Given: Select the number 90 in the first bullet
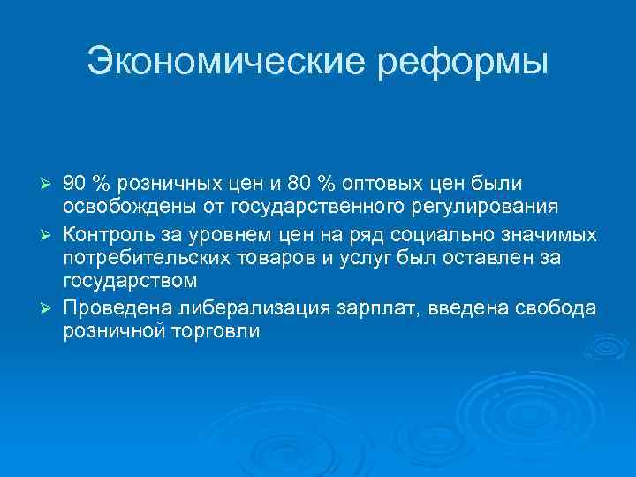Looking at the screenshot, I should [74, 183].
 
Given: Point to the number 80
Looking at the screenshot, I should [299, 183].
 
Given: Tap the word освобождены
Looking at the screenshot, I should [114, 208].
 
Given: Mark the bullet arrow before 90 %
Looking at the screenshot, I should [49, 184].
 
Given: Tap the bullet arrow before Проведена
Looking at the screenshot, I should [49, 309].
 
